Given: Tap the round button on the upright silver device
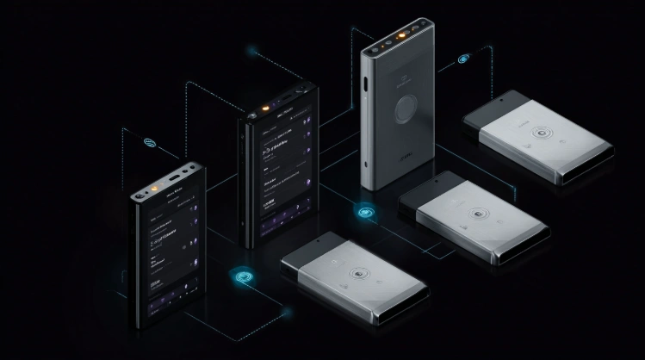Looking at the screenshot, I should [404, 111].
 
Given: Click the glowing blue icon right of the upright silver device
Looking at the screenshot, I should [465, 60].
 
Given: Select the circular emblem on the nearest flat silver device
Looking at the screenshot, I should [357, 276].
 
